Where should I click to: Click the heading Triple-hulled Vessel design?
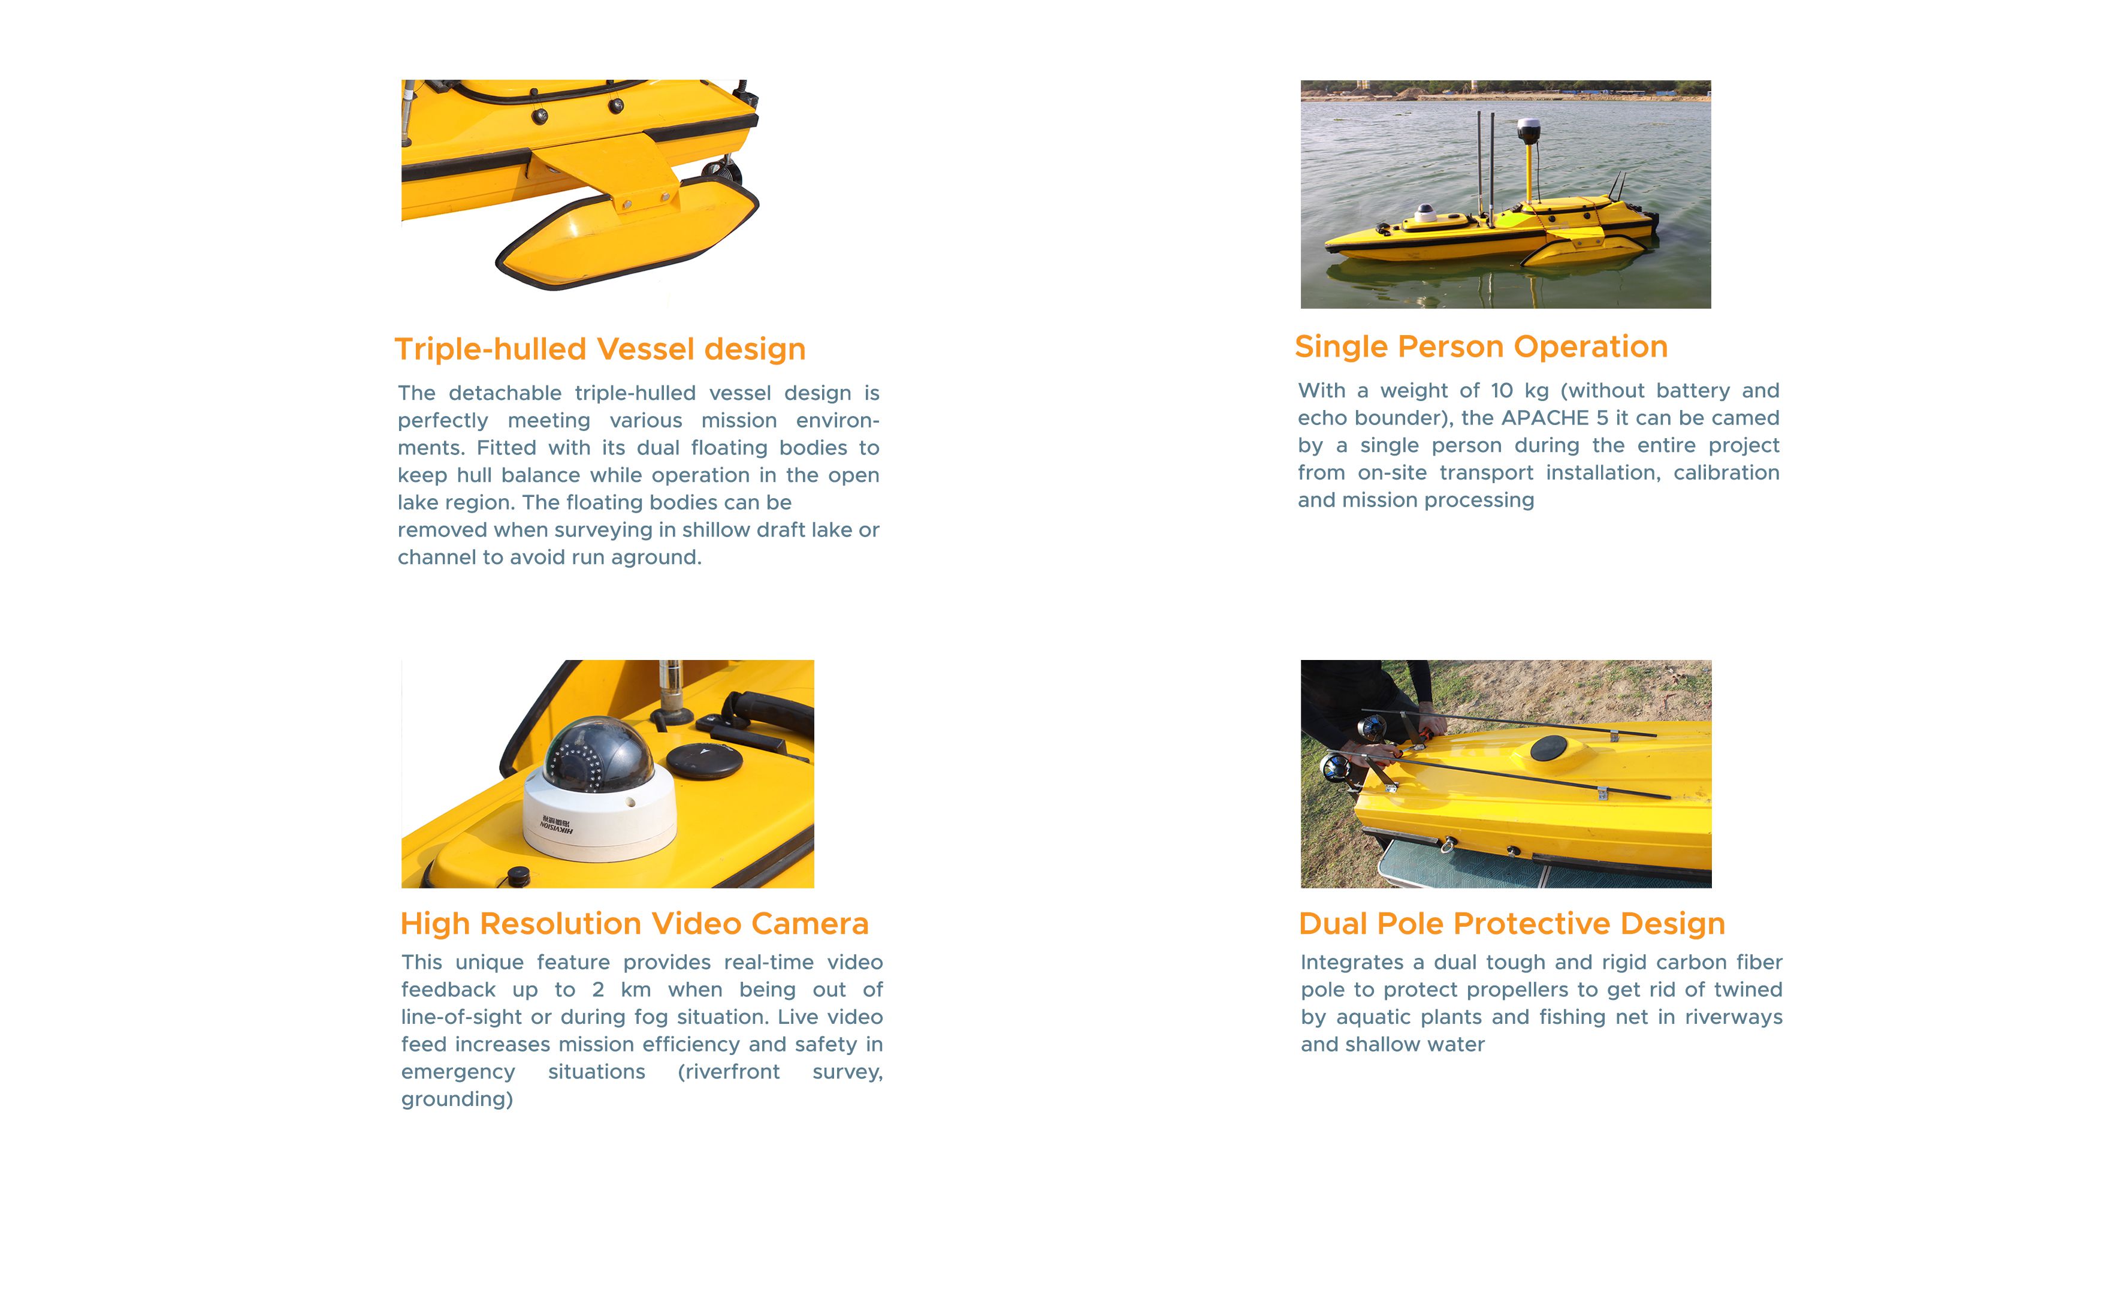click(x=600, y=349)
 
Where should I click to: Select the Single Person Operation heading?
click(x=1481, y=346)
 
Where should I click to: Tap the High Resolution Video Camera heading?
click(x=635, y=923)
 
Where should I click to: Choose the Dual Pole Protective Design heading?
click(x=1512, y=923)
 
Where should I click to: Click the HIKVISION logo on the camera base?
click(x=556, y=825)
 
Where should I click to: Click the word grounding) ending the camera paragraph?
click(x=457, y=1099)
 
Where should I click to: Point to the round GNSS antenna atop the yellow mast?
click(x=1528, y=130)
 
